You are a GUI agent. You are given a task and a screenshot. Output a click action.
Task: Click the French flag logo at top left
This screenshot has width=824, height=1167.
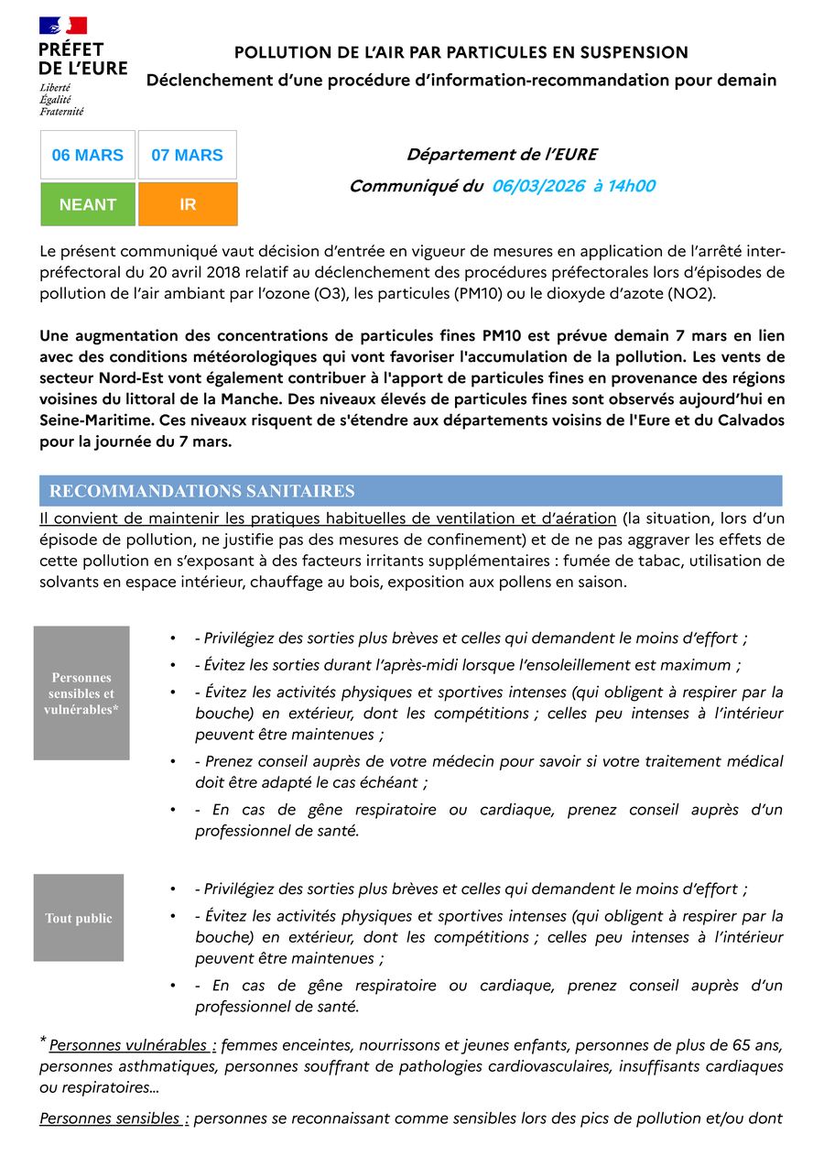click(x=63, y=27)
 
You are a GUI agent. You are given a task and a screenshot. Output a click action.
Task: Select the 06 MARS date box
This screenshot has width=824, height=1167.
click(x=88, y=155)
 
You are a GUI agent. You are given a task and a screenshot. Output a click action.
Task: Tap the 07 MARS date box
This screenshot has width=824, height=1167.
click(x=188, y=155)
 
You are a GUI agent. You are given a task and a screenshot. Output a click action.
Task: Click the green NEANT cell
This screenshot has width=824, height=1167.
click(x=88, y=204)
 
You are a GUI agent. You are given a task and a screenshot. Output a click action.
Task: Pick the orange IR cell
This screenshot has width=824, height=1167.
click(x=188, y=204)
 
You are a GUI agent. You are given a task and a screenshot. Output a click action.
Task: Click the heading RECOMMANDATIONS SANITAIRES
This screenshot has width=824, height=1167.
click(x=202, y=492)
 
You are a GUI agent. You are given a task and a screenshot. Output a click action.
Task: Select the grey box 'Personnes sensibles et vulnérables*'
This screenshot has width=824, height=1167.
click(x=81, y=693)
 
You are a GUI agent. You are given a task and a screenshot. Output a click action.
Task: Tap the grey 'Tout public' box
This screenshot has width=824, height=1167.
click(x=79, y=918)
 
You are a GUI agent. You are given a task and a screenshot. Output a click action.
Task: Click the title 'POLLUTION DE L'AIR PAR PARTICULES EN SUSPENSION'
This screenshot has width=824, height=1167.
click(x=461, y=53)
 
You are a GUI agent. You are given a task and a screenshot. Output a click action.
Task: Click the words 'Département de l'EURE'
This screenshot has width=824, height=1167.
click(x=502, y=155)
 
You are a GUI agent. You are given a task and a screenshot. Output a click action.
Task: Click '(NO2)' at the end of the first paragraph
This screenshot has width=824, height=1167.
click(x=692, y=293)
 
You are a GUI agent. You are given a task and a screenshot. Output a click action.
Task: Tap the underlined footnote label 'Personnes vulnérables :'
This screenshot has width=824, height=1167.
click(x=133, y=1045)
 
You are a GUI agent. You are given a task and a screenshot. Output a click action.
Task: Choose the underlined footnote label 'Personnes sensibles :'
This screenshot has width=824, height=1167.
click(x=114, y=1118)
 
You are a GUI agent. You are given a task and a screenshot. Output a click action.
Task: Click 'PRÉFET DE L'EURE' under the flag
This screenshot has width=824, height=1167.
click(x=82, y=59)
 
